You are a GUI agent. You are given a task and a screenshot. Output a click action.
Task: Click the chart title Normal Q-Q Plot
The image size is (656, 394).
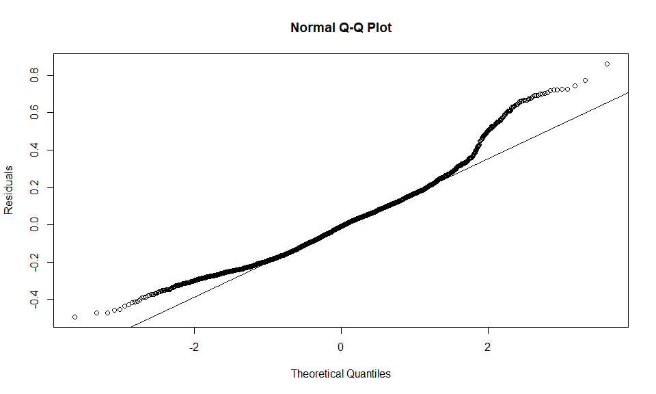[341, 28]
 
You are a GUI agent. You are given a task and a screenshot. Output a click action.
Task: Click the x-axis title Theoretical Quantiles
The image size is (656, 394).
[341, 373]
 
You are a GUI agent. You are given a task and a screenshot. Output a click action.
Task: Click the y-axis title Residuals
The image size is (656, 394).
[9, 189]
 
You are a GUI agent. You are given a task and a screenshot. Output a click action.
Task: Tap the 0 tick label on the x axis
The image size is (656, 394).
[341, 347]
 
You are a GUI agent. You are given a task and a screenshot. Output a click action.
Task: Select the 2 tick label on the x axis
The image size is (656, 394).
[488, 347]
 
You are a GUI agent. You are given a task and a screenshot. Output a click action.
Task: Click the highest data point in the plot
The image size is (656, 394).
[607, 64]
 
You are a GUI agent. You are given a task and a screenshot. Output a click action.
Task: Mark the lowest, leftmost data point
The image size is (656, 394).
[74, 317]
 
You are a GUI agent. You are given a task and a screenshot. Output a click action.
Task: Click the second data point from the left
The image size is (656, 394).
[96, 313]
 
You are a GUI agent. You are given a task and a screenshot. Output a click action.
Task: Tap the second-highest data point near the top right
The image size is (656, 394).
[586, 81]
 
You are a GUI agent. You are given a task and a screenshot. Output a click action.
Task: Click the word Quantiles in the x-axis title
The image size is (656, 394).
[368, 373]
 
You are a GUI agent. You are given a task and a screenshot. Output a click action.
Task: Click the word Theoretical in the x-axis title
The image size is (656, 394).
[317, 373]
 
